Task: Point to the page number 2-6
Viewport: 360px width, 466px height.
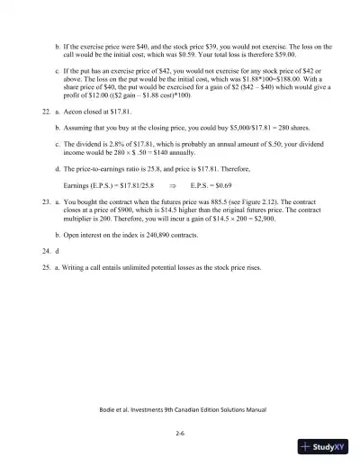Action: (x=180, y=433)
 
